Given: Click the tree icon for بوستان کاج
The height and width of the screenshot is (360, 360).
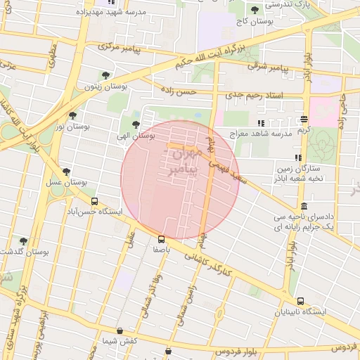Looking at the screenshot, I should coord(255,10).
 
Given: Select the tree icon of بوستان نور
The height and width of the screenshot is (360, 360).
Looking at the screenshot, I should coord(72,115).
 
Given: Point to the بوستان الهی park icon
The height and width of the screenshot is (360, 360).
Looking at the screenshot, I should coord(136,124).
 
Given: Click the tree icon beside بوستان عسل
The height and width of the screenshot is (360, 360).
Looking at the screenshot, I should coord(67,171).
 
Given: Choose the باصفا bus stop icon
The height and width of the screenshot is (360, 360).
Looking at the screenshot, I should coord(162,239).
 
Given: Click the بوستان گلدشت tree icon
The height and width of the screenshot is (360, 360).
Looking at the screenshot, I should coord(23,241).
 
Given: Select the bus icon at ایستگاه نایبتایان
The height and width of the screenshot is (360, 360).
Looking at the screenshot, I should coord(300,301).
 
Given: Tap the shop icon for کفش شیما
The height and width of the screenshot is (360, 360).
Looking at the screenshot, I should coord(119,330).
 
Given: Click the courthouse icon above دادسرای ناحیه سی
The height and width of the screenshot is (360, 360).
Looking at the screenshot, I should coord(303,206).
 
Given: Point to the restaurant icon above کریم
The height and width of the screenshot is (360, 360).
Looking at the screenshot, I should coord(303,120).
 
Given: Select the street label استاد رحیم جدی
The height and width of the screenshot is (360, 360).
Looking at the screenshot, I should coord(254,94).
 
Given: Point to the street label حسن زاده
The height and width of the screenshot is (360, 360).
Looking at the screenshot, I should coord(176,91).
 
